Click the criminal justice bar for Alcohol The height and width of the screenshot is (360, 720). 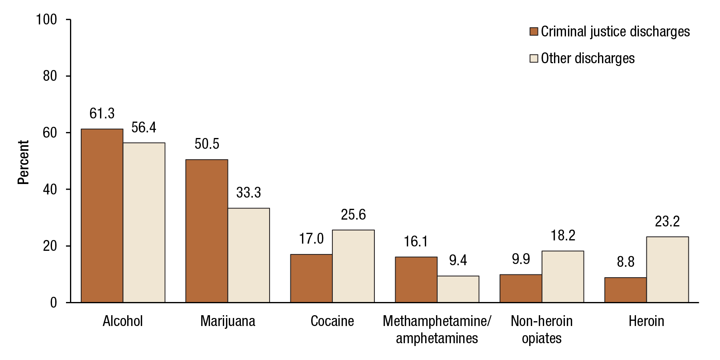[102, 216]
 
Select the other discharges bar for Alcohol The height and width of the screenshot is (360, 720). [144, 222]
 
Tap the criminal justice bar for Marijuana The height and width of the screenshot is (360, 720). [207, 231]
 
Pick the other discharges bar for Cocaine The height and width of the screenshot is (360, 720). [353, 266]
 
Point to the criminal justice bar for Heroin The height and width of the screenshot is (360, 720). [626, 290]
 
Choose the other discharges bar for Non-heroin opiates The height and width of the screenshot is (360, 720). [563, 276]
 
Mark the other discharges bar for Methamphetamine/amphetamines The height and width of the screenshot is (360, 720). [458, 289]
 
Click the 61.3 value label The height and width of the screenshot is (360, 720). [102, 114]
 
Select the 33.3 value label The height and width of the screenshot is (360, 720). [248, 193]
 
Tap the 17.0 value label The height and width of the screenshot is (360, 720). [311, 239]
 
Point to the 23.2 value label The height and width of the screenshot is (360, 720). [667, 222]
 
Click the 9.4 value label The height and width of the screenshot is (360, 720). [458, 261]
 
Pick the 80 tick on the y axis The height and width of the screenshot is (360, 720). [50, 76]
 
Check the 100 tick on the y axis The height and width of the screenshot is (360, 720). [47, 20]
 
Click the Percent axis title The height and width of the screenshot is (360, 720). [24, 162]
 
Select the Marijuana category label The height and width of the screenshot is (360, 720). [228, 321]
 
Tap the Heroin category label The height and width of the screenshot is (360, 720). [646, 321]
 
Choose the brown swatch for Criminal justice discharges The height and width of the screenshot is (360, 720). [534, 32]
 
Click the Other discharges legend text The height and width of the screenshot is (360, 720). [588, 58]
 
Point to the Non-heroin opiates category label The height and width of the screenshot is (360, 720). [542, 330]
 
